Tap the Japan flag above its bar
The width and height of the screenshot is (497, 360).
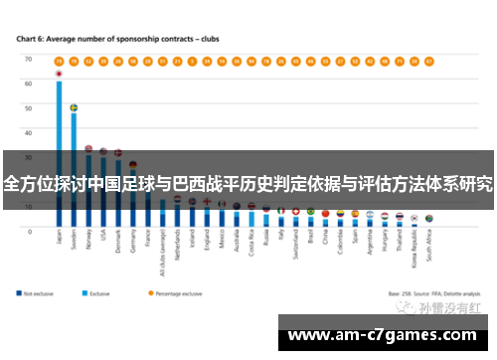pos(59,74)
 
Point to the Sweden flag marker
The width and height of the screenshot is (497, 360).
pos(74,106)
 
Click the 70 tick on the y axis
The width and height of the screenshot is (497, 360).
pos(29,60)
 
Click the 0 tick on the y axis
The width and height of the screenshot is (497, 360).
pos(30,231)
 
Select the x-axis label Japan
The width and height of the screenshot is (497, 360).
pos(60,243)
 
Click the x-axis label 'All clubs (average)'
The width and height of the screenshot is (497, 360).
pos(163,253)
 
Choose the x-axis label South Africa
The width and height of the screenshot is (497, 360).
pos(428,250)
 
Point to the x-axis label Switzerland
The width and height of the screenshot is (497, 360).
pos(296,249)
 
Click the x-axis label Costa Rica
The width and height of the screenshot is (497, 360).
pos(251,248)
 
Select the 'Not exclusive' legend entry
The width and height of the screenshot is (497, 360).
pos(40,293)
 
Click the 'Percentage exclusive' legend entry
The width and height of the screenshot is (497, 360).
pos(179,293)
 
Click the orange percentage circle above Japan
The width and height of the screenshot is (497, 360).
pos(59,60)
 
